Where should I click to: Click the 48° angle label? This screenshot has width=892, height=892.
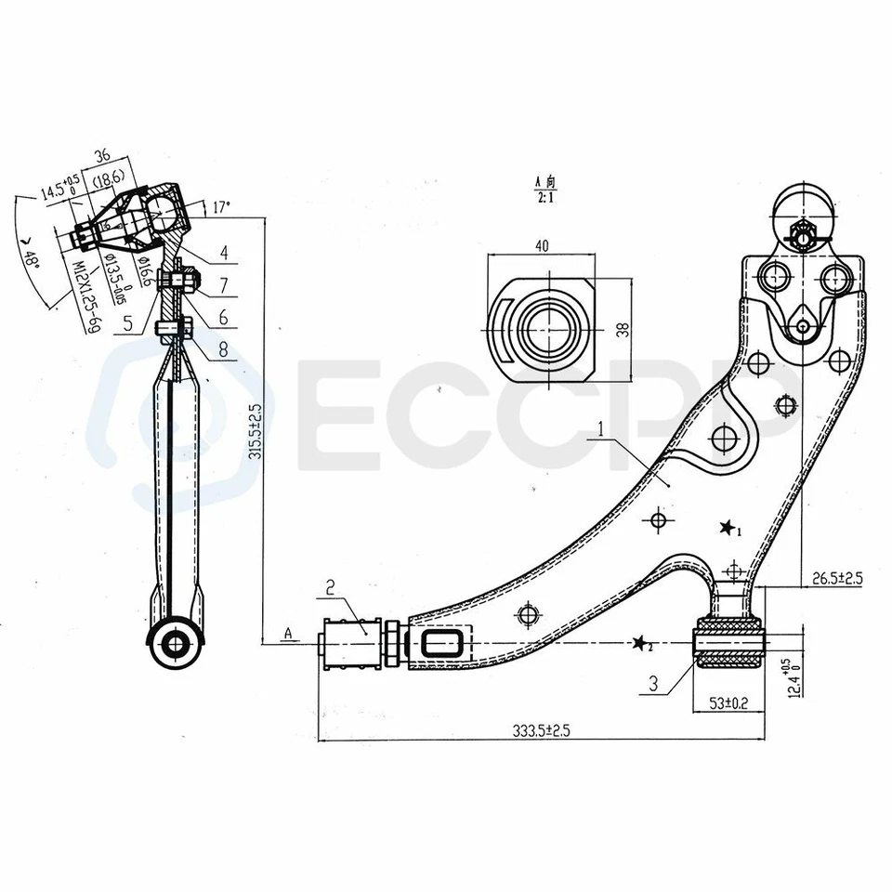tap(32, 250)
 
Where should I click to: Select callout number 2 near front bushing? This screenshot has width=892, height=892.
tap(330, 586)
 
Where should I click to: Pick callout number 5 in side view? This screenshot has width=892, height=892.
tap(128, 325)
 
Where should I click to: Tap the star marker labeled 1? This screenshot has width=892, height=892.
tap(727, 529)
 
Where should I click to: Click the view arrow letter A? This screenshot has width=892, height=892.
tap(289, 634)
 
